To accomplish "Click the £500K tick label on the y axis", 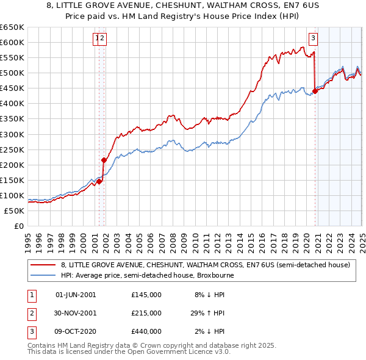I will click(x=12, y=73).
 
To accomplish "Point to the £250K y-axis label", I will click(x=12, y=149).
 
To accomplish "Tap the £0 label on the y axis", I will click(x=19, y=226).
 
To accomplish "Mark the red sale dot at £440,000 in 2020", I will click(x=315, y=92).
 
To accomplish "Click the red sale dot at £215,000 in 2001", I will click(x=104, y=160).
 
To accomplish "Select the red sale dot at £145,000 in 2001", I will click(x=99, y=181).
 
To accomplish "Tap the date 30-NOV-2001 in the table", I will click(x=76, y=313).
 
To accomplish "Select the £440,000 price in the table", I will click(x=146, y=331).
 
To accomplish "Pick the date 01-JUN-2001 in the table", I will click(x=76, y=295).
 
